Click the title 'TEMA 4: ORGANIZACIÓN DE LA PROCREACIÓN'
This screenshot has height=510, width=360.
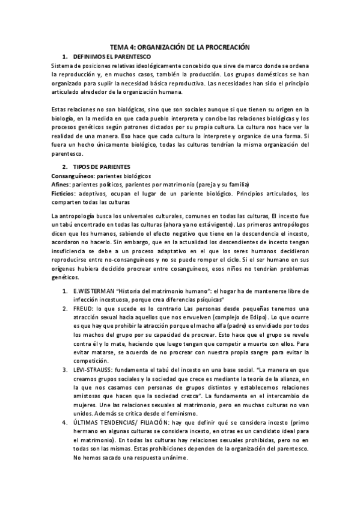[x=180, y=46]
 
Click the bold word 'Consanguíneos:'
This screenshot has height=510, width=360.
[x=70, y=174]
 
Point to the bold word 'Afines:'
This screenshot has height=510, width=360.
[x=61, y=184]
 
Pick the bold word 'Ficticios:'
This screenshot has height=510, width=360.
[x=64, y=193]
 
